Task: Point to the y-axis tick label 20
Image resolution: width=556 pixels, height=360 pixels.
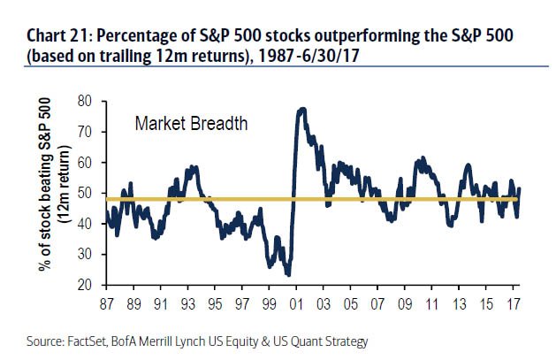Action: point(86,285)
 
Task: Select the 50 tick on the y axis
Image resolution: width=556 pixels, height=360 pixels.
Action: point(86,193)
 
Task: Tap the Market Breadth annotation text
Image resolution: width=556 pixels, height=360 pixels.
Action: point(191,124)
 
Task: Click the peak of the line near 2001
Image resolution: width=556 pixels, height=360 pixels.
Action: point(303,109)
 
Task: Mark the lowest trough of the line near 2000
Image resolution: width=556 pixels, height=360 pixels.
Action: point(288,275)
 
